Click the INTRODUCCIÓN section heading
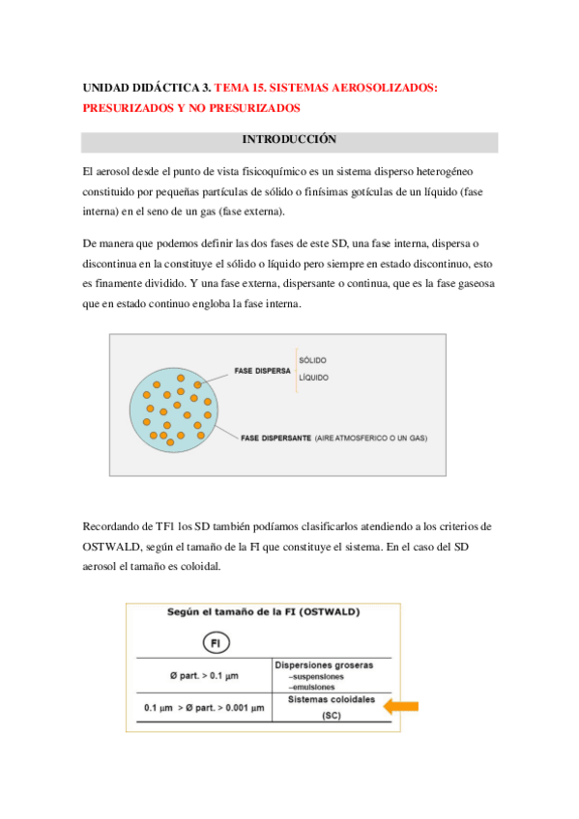[289, 141]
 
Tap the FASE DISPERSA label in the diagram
[263, 370]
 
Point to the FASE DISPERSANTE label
[275, 438]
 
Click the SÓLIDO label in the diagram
[313, 359]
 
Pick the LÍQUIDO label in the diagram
[314, 378]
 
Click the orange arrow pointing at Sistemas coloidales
[400, 706]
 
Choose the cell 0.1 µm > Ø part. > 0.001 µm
[203, 708]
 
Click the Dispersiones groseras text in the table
[324, 664]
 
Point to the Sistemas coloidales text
[324, 699]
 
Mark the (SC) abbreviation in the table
[324, 717]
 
